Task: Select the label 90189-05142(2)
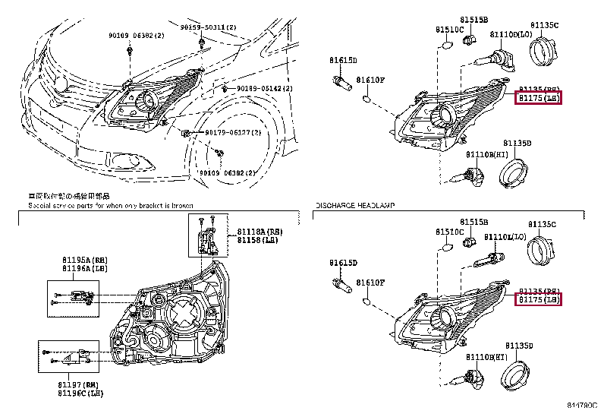pos(259,89)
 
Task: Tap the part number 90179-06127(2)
pos(233,132)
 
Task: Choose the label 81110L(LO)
pos(505,237)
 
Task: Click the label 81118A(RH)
pos(258,231)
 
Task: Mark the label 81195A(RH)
pos(85,260)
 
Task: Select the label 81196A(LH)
pos(85,268)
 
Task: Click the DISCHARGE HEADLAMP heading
pos(354,206)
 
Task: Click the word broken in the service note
pos(181,206)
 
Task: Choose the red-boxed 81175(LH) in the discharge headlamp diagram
pos(538,301)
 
